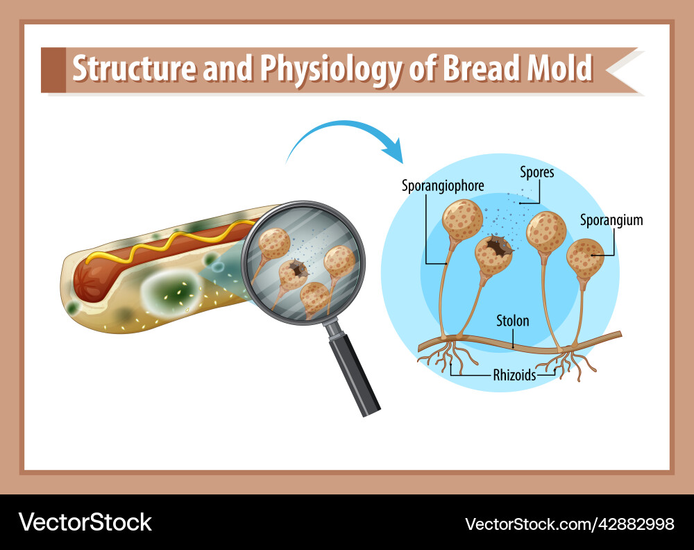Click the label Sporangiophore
443,186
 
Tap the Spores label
536,172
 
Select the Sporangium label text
611,221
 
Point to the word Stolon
512,321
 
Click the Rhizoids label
514,375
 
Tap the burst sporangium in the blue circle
493,253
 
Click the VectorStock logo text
85,522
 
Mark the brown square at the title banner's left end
53,69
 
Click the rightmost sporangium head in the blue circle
586,257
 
